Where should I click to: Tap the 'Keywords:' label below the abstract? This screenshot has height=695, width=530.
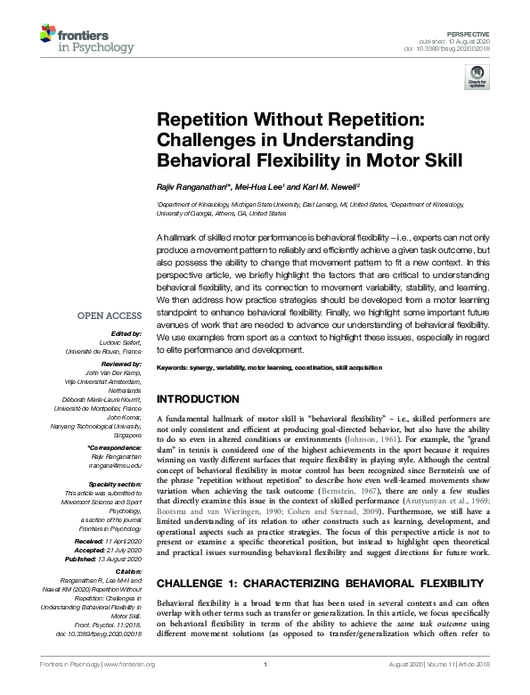click(x=176, y=368)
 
